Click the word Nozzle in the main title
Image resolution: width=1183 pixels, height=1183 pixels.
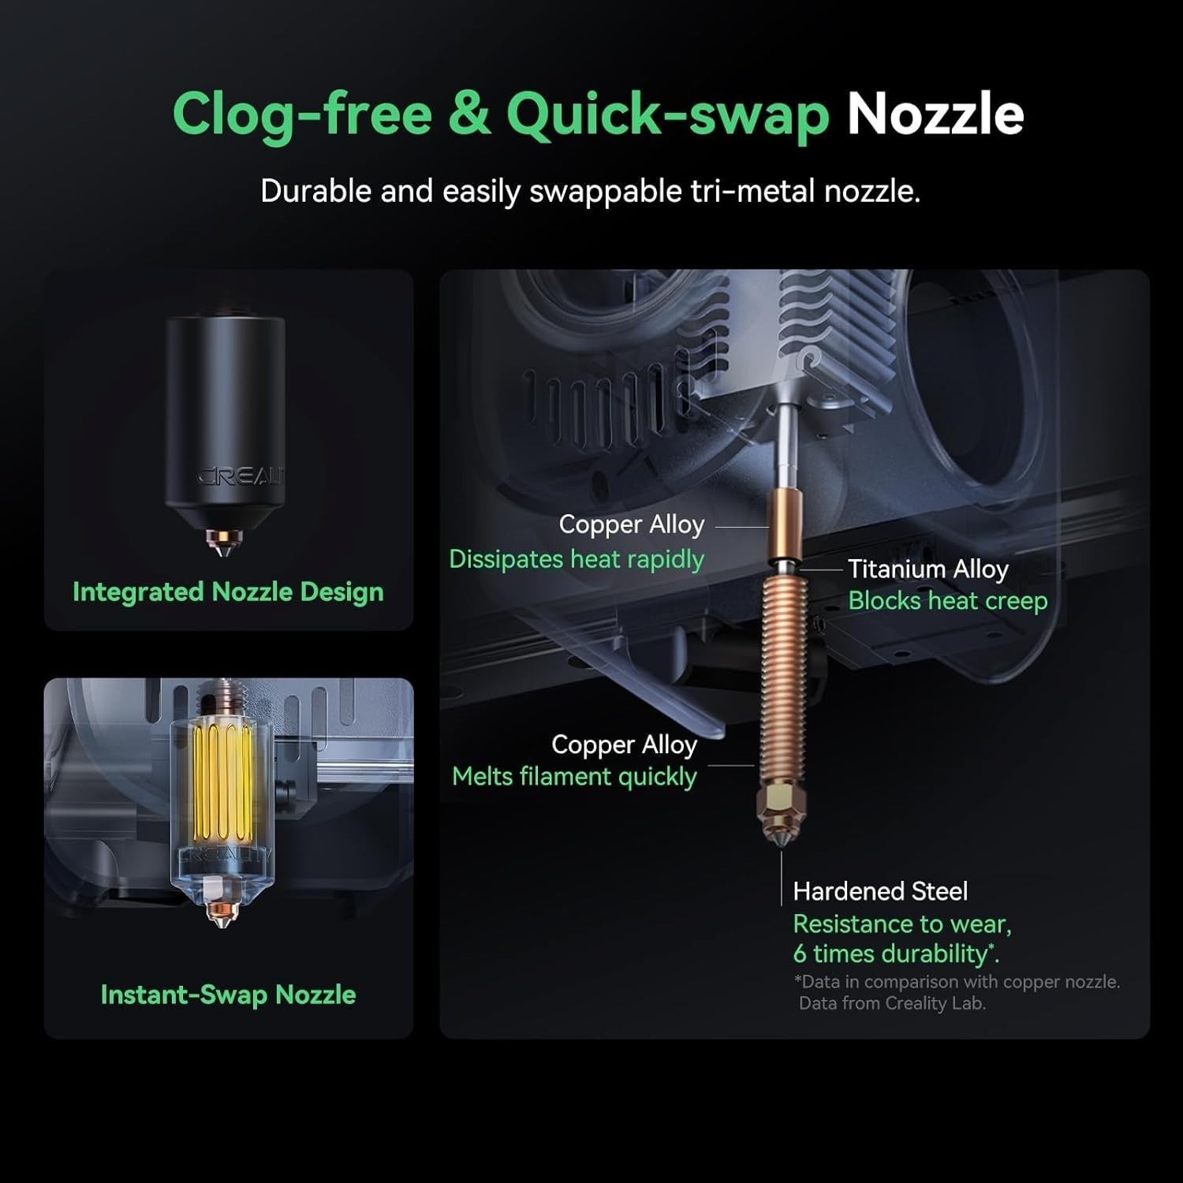point(935,115)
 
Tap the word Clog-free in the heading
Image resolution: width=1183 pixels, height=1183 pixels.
point(302,115)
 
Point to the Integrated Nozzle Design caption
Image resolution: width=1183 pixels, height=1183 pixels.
point(228,591)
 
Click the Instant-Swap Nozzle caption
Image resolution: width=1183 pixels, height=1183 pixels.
point(228,995)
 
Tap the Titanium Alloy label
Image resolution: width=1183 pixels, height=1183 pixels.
point(928,569)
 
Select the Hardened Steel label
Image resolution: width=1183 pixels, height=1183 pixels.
point(880,891)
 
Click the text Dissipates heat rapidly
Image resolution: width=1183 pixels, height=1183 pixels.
point(577,559)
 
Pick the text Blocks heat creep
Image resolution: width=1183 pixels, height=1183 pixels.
point(948,601)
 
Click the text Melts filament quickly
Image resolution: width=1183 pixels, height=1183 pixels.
point(575,777)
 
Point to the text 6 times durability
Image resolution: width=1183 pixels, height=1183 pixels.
point(896,954)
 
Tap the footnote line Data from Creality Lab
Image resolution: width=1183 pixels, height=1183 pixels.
point(892,1003)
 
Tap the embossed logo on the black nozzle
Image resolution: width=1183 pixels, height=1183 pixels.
point(241,476)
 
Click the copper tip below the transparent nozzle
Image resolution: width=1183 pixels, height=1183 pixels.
point(222,915)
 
